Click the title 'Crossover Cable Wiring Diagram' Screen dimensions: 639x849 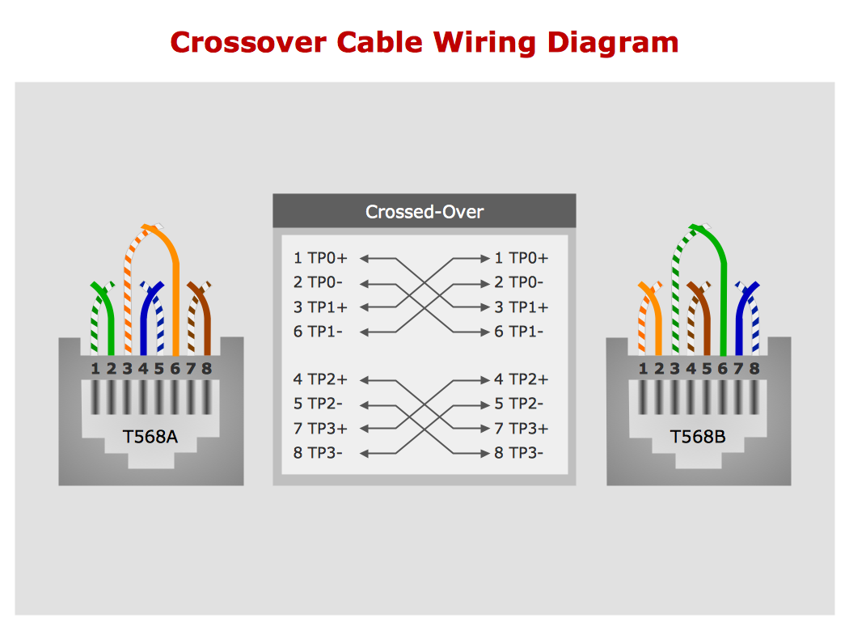point(424,42)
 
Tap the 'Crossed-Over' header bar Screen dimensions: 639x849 point(424,212)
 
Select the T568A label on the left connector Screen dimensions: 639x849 point(150,437)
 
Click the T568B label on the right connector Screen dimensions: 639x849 point(698,437)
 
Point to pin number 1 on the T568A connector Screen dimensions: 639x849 point(95,369)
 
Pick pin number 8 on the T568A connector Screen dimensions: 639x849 point(206,369)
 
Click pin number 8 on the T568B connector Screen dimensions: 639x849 point(754,369)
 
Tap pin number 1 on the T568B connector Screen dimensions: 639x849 point(644,369)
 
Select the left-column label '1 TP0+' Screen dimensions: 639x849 point(320,258)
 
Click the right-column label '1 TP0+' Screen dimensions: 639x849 point(521,258)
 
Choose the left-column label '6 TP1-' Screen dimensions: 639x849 point(319,332)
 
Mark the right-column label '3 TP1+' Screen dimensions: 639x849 point(521,307)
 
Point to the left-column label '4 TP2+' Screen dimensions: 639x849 point(320,379)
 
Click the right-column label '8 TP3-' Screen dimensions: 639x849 point(519,453)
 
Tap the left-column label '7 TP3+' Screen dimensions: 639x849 point(320,429)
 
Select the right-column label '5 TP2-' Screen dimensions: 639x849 point(519,404)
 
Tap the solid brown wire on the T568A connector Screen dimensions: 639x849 point(206,324)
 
